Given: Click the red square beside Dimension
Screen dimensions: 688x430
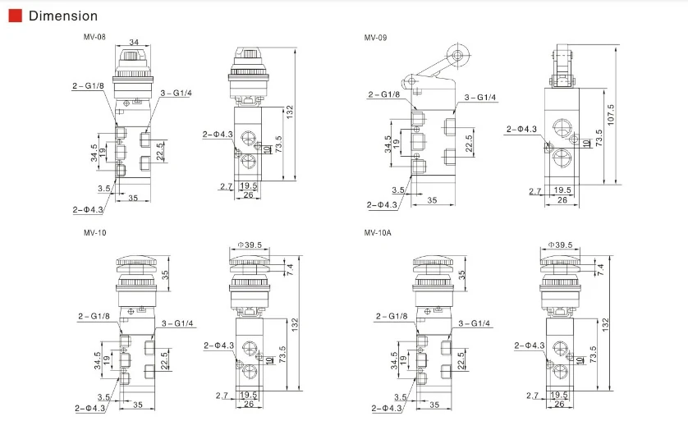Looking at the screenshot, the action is [16, 16].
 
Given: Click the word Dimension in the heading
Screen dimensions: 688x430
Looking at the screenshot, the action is [63, 16].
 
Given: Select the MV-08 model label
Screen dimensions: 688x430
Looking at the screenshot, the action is [94, 37].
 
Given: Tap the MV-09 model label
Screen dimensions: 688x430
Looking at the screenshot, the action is [375, 38].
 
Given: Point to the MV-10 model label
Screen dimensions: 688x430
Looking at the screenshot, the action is [94, 232].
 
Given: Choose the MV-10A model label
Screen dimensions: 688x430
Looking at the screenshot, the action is [378, 232].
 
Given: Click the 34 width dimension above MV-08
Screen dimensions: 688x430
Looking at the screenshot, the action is [134, 42].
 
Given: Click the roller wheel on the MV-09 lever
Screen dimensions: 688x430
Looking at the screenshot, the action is [457, 55].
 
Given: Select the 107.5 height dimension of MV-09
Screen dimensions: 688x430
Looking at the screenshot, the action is [611, 115].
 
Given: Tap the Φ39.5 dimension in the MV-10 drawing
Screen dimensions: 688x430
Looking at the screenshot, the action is [250, 245].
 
